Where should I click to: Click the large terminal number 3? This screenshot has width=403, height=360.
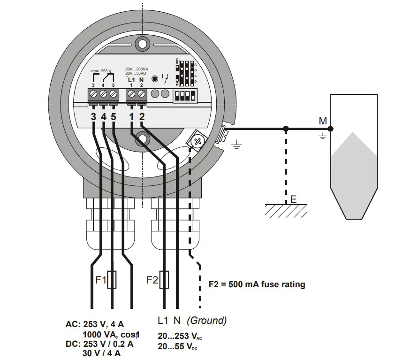(x=93, y=116)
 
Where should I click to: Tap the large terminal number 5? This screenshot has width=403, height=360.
(x=113, y=116)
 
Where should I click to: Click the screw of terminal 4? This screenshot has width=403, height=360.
(x=103, y=94)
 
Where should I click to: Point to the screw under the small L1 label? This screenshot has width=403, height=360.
(x=132, y=94)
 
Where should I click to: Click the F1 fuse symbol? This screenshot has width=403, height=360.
(x=112, y=280)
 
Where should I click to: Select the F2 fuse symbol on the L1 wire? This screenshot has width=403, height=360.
(x=164, y=280)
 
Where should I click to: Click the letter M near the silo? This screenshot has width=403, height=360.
(x=322, y=121)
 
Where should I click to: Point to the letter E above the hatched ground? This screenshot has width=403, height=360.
(x=293, y=199)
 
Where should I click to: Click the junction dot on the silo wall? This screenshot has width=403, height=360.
(x=330, y=129)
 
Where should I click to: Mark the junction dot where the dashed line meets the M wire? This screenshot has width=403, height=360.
(x=286, y=129)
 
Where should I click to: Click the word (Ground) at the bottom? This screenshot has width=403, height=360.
(x=206, y=321)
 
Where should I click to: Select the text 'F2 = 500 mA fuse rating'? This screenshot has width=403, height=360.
(x=256, y=284)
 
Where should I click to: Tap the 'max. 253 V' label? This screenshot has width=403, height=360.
(x=102, y=71)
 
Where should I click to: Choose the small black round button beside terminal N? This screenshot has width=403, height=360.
(x=154, y=78)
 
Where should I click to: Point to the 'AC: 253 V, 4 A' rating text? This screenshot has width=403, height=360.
(x=95, y=324)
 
